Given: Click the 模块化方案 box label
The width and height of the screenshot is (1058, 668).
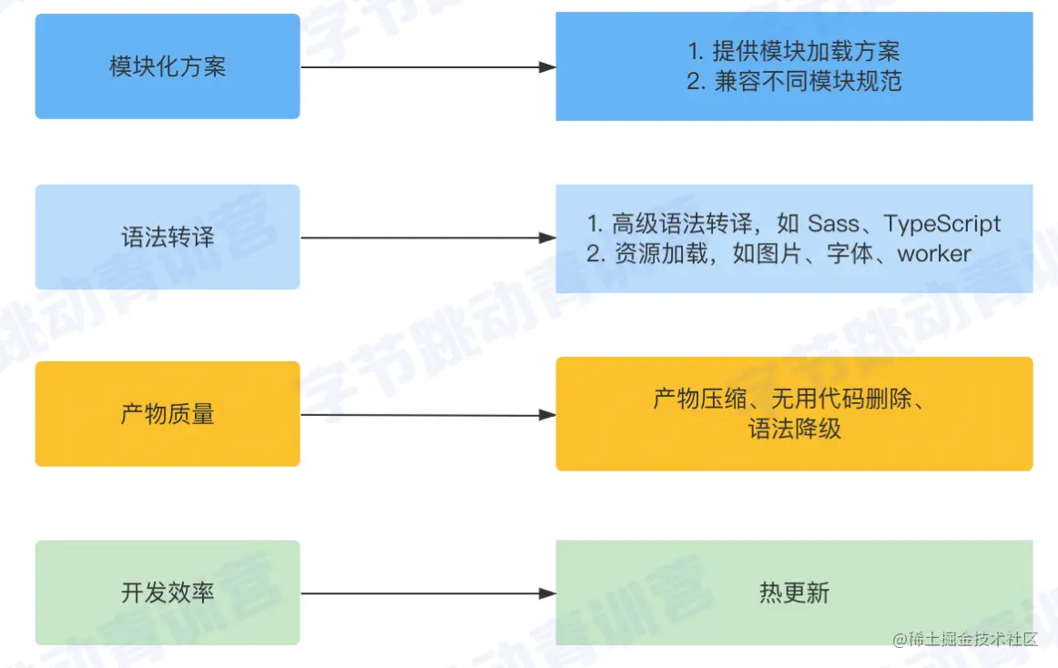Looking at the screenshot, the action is tap(168, 67).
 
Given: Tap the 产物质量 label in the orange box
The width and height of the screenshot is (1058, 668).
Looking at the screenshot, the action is tap(168, 415).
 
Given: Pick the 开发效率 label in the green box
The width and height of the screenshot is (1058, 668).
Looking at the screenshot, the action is tap(168, 593).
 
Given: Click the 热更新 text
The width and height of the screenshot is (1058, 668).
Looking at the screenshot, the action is tap(794, 593).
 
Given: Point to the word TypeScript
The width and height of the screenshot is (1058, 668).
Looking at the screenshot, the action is tap(942, 224).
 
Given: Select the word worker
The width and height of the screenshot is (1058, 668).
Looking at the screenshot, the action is tap(934, 254).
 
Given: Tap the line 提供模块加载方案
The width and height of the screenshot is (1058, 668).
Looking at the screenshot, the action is tap(806, 52).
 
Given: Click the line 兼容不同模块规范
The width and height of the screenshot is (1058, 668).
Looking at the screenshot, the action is tap(806, 82).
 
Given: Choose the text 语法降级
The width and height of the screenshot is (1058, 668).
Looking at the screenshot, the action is tap(794, 429).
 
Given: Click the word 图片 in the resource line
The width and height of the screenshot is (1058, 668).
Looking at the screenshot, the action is tap(779, 254).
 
